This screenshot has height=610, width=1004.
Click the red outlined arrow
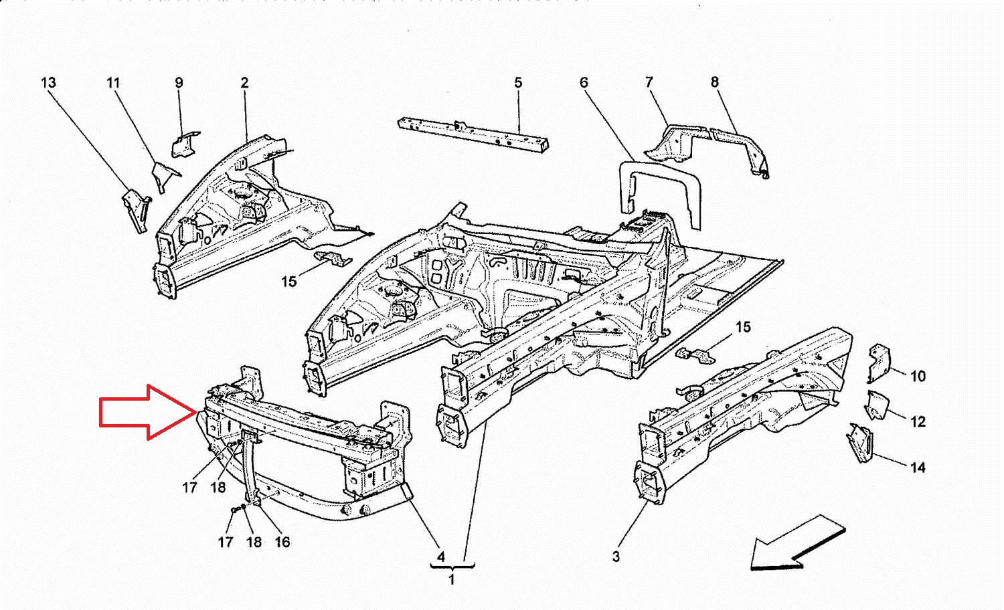pyautogui.click(x=148, y=412)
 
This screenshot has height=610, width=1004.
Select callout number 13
pyautogui.click(x=48, y=83)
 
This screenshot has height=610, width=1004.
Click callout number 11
pyautogui.click(x=113, y=83)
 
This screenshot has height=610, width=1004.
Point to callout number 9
pyautogui.click(x=179, y=83)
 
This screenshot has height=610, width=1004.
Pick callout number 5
pyautogui.click(x=518, y=83)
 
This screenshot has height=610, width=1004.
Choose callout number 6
pyautogui.click(x=584, y=82)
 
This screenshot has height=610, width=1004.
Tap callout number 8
pyautogui.click(x=714, y=82)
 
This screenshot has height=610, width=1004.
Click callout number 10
pyautogui.click(x=918, y=376)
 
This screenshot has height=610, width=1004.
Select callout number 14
pyautogui.click(x=918, y=468)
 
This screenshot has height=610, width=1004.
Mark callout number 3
pyautogui.click(x=616, y=556)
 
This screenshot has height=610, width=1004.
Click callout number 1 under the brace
pyautogui.click(x=451, y=579)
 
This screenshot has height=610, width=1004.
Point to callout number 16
pyautogui.click(x=282, y=542)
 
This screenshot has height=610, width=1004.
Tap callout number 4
pyautogui.click(x=441, y=556)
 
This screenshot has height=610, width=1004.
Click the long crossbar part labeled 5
pyautogui.click(x=473, y=136)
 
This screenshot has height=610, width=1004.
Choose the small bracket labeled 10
pyautogui.click(x=878, y=363)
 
